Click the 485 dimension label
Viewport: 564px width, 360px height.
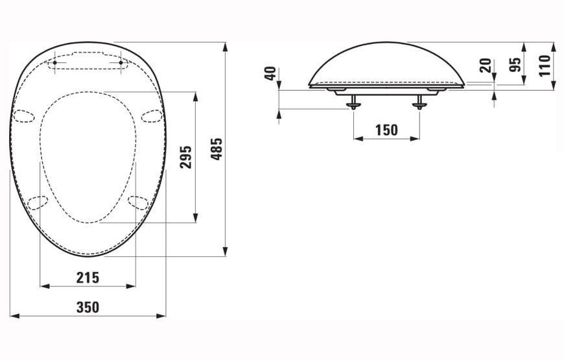[217, 149]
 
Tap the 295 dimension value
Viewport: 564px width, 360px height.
[186, 157]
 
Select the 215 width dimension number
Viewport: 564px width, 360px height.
[88, 278]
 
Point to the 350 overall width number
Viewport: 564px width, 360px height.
[88, 307]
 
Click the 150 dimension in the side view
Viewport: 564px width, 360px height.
[386, 130]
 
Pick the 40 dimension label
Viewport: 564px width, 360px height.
[270, 74]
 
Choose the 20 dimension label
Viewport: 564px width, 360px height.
[486, 66]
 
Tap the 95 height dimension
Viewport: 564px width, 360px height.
[516, 65]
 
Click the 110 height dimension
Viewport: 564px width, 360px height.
[545, 66]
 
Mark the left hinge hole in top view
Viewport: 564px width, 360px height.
[54, 63]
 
